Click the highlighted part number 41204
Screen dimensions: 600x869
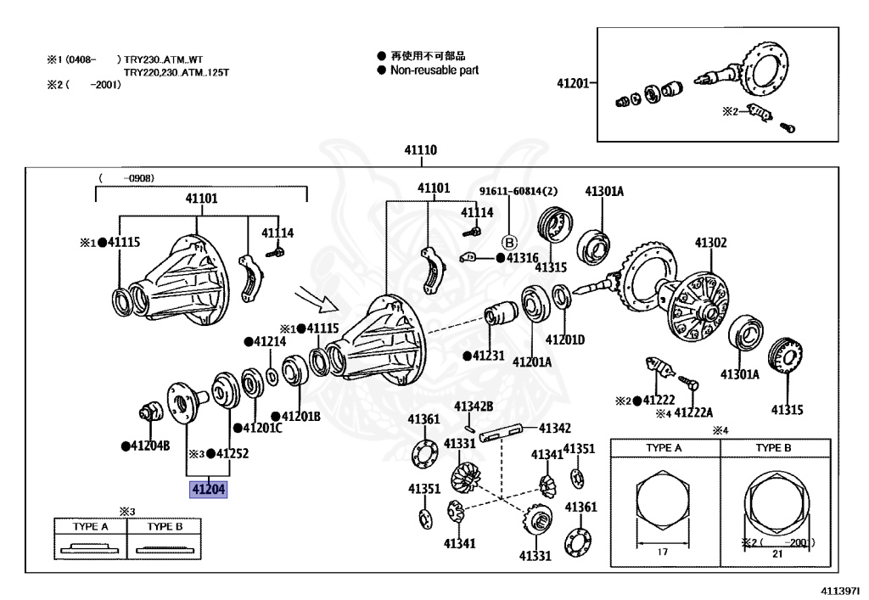[x=209, y=490]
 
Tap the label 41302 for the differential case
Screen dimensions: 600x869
[x=710, y=242]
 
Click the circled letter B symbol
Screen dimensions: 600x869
[x=510, y=239]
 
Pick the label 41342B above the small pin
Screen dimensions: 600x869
[x=473, y=407]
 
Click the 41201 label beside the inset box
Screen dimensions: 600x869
[x=573, y=83]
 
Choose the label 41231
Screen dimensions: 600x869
[x=488, y=356]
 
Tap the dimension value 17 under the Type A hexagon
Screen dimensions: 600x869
[x=663, y=552]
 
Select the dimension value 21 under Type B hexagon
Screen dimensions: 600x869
[x=776, y=552]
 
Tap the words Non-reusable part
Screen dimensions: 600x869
[x=434, y=70]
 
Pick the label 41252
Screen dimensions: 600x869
[x=232, y=453]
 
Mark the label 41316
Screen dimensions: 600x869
[x=522, y=257]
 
